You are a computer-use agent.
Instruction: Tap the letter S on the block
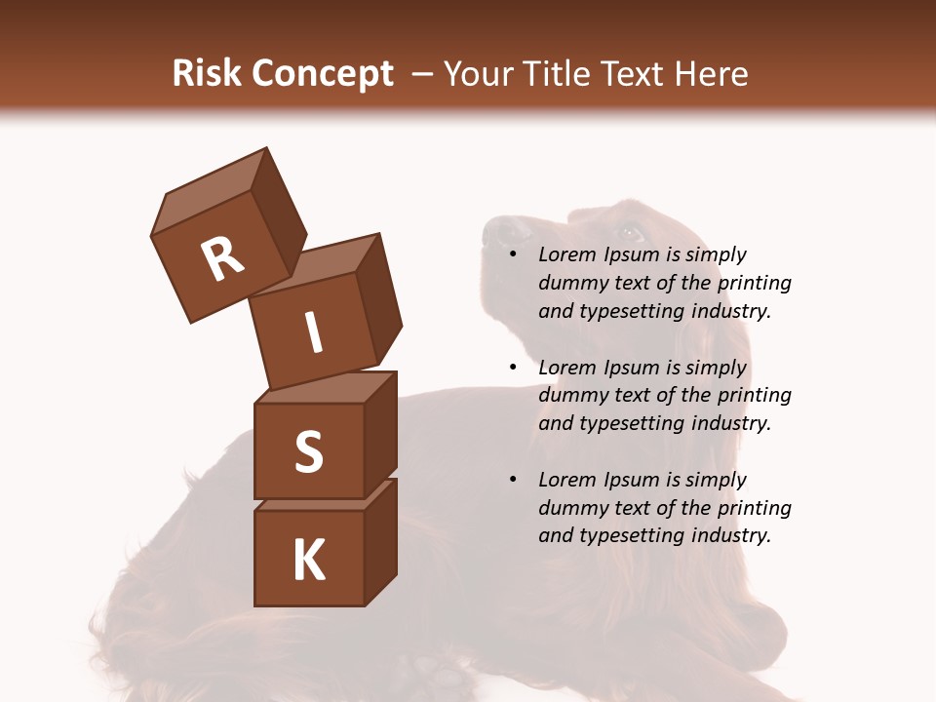click(x=308, y=451)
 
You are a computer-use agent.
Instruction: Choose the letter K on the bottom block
click(x=308, y=561)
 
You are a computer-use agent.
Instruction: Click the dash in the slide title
click(x=424, y=74)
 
